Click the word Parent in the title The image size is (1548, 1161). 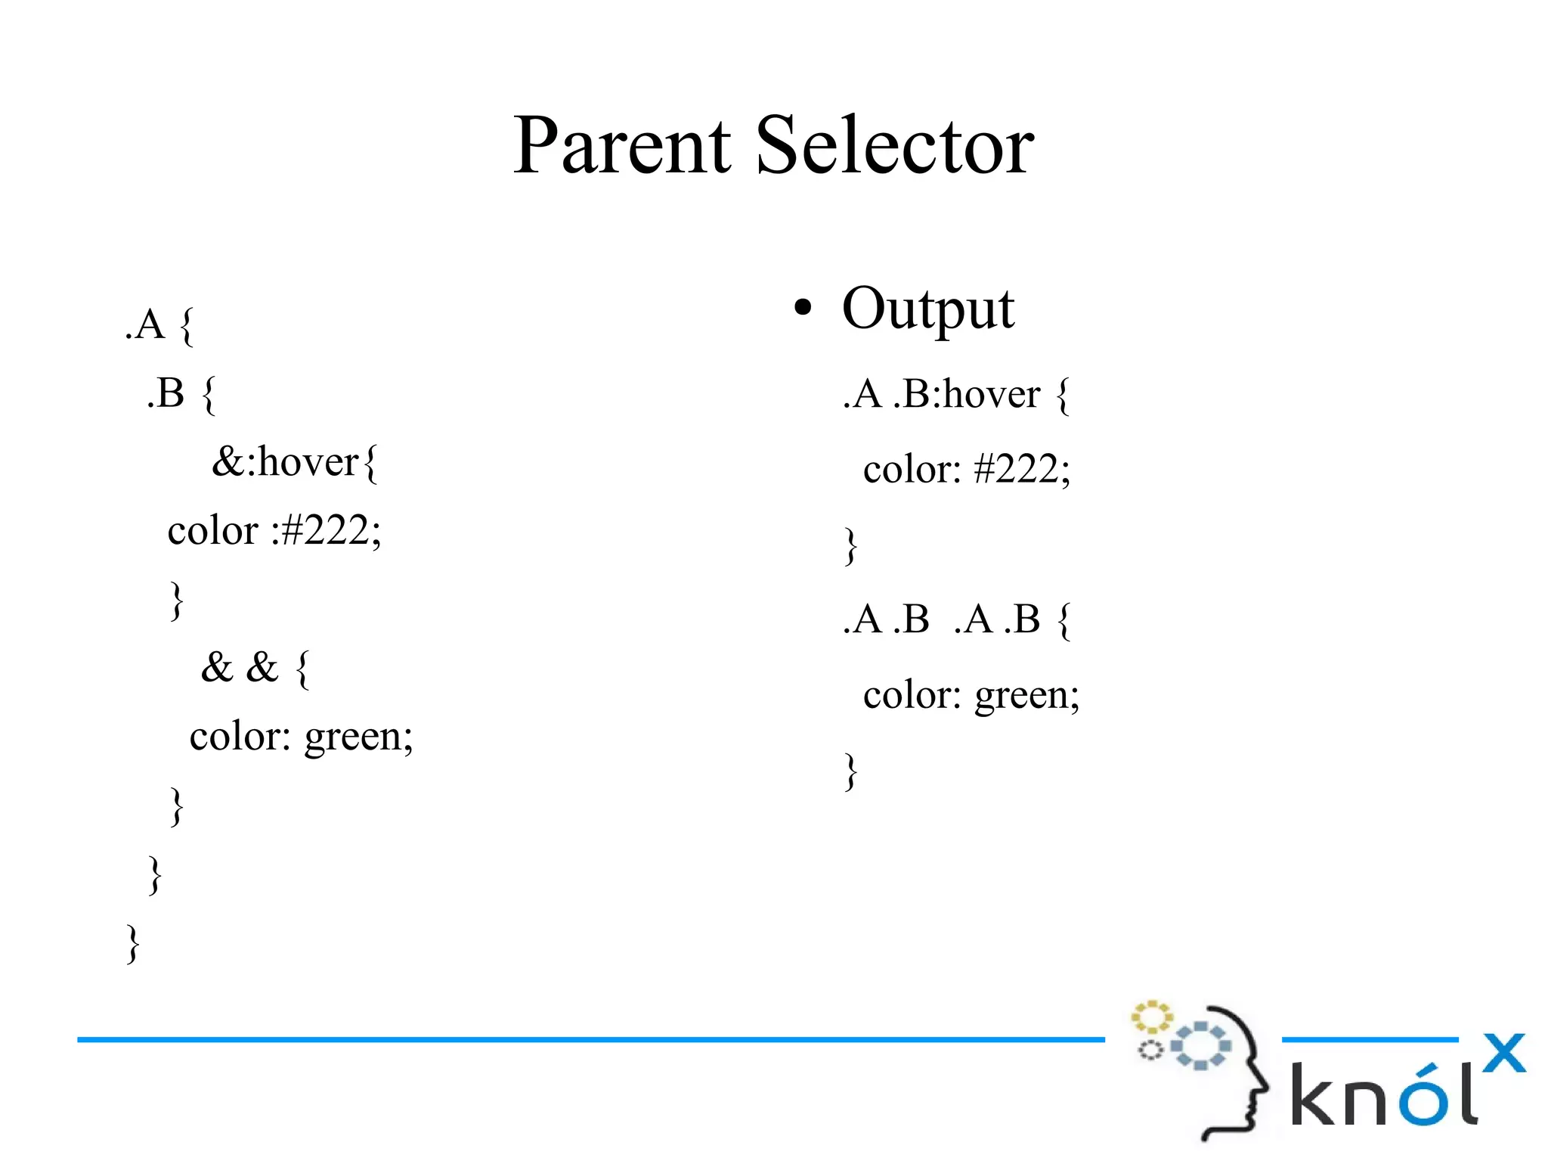621,145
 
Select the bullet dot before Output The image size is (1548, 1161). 803,308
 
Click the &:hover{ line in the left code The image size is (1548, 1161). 294,462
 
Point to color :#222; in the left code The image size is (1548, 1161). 274,530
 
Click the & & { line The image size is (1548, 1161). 255,668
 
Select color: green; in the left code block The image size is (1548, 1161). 301,736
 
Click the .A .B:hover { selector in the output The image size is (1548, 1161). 956,394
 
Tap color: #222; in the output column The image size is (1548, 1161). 967,469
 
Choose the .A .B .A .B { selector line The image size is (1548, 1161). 956,619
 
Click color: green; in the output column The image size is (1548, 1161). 971,694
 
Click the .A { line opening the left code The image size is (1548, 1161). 159,325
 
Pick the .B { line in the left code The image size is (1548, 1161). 181,393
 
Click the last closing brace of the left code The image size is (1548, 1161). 133,943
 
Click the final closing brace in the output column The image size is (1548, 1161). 851,771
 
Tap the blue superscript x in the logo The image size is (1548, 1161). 1503,1053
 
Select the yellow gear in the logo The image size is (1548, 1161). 1150,1017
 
